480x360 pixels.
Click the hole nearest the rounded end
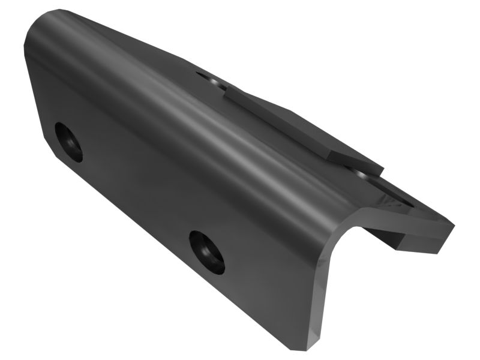(68, 142)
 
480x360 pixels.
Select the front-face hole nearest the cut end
(207, 252)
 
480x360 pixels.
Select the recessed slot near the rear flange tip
(396, 198)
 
